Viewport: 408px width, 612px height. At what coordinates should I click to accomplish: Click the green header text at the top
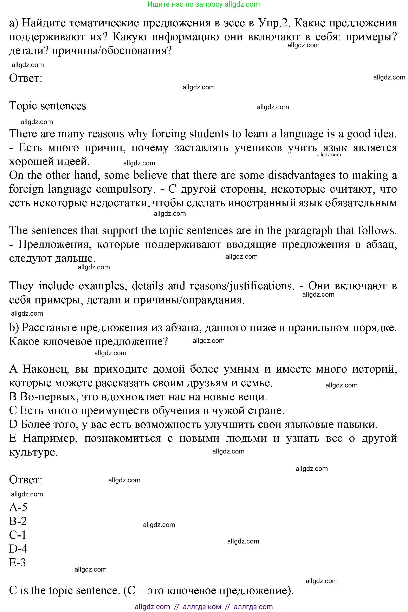pos(203,4)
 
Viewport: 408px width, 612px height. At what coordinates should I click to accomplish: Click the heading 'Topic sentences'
pos(48,106)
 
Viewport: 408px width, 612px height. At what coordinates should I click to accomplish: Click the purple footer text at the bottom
pos(203,607)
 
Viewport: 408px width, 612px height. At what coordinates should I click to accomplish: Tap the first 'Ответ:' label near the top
pos(26,78)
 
